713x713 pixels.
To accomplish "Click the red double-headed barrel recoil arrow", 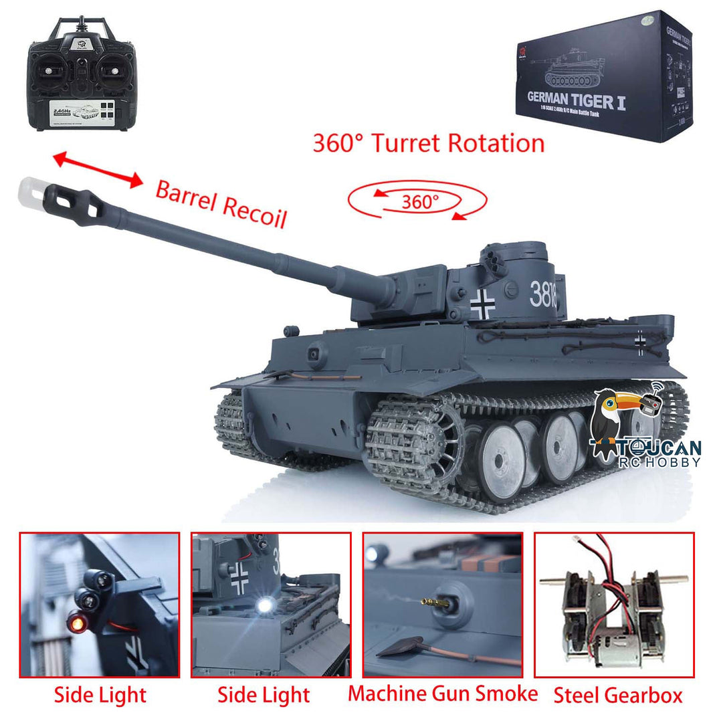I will point(98,169).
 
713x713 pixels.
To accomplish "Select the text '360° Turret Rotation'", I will point(428,143).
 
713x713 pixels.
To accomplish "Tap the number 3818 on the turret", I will point(543,293).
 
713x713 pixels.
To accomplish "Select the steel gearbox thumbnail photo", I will point(613,604).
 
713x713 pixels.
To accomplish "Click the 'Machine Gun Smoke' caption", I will point(442,694).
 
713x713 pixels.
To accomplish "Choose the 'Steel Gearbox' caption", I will point(618,695).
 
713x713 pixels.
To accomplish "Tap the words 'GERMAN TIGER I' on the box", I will point(577,102).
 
